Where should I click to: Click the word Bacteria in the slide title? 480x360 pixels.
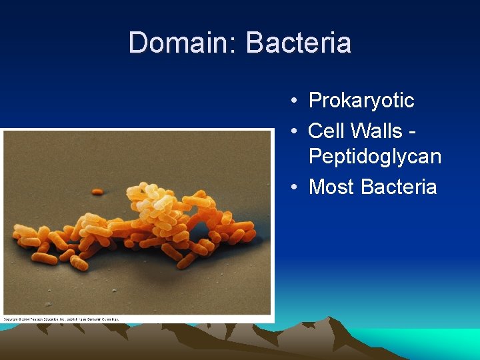coord(298,43)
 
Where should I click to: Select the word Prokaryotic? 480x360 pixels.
coord(361,101)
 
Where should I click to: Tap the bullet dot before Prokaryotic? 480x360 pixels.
coord(294,101)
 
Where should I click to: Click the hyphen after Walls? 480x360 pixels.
coord(414,131)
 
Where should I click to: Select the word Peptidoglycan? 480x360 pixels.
coord(375,157)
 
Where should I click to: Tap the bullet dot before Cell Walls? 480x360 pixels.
coord(294,131)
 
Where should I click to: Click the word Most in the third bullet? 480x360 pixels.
coord(331,187)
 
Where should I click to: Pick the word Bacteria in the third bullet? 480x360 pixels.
coord(399,187)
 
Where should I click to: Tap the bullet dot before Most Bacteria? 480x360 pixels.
coord(294,187)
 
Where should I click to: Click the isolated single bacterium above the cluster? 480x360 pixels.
coord(97,192)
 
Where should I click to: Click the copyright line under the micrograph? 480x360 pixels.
coord(61,319)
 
